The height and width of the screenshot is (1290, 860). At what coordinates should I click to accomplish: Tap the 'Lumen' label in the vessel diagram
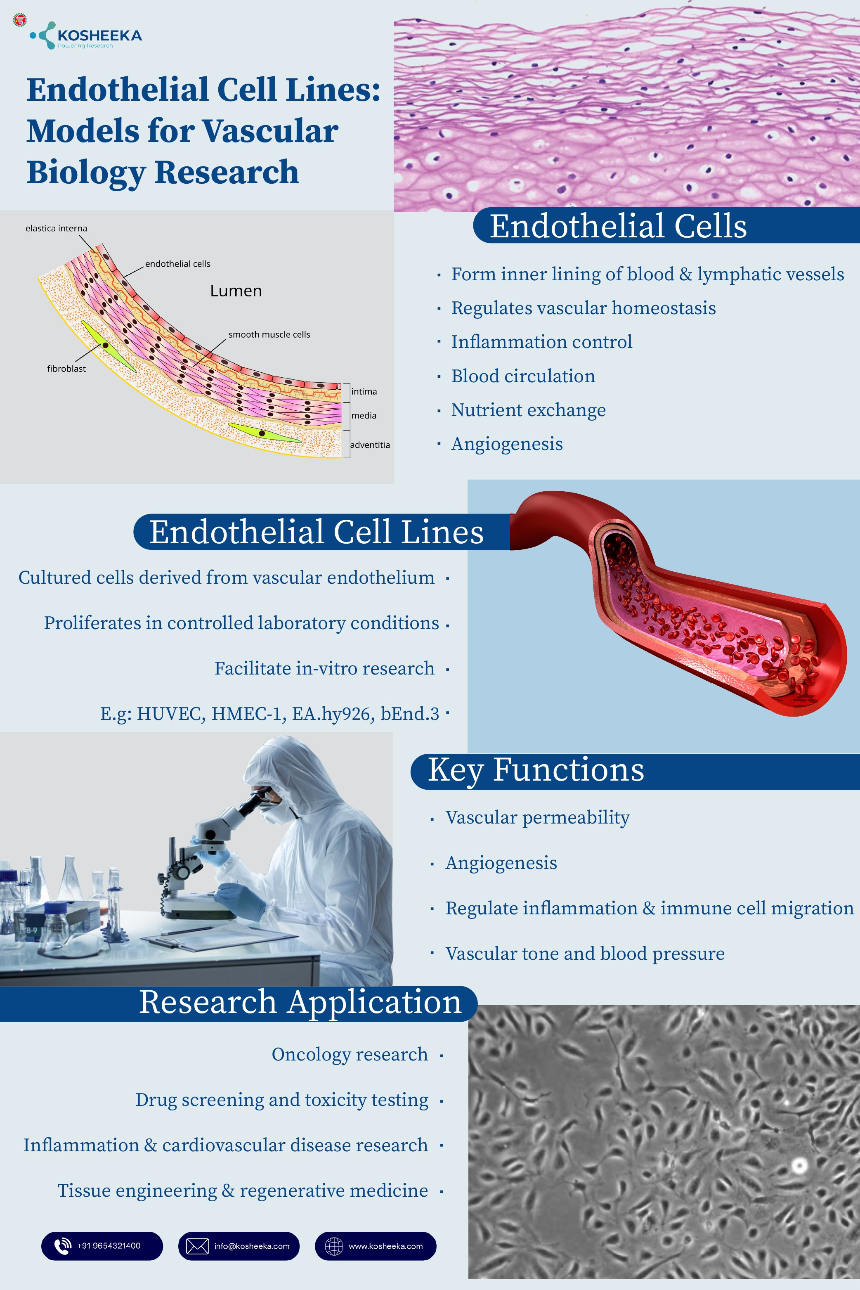[x=236, y=291]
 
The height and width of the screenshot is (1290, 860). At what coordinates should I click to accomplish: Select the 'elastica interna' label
[x=56, y=228]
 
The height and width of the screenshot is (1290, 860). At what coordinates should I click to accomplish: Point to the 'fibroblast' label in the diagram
[x=66, y=369]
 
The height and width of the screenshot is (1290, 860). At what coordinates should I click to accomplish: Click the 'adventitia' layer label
[x=370, y=445]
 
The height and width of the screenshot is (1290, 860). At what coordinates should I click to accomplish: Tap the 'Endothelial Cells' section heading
[x=618, y=226]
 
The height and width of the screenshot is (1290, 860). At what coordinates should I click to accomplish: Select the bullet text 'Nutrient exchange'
[x=528, y=410]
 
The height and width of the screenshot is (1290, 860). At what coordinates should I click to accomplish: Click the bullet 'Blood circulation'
[x=523, y=376]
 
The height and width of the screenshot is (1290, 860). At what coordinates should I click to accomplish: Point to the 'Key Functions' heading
[x=536, y=770]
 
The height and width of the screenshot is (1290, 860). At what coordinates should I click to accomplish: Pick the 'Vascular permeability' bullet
[x=537, y=818]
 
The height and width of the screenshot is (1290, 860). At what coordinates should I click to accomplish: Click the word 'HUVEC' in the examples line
[x=170, y=714]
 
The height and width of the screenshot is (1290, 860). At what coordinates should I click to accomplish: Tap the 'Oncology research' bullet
[x=350, y=1055]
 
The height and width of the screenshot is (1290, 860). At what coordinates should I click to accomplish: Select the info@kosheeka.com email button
[x=239, y=1246]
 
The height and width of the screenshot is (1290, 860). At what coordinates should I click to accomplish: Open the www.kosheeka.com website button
[x=375, y=1246]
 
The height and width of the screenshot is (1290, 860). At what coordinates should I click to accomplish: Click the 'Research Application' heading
[x=300, y=1002]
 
